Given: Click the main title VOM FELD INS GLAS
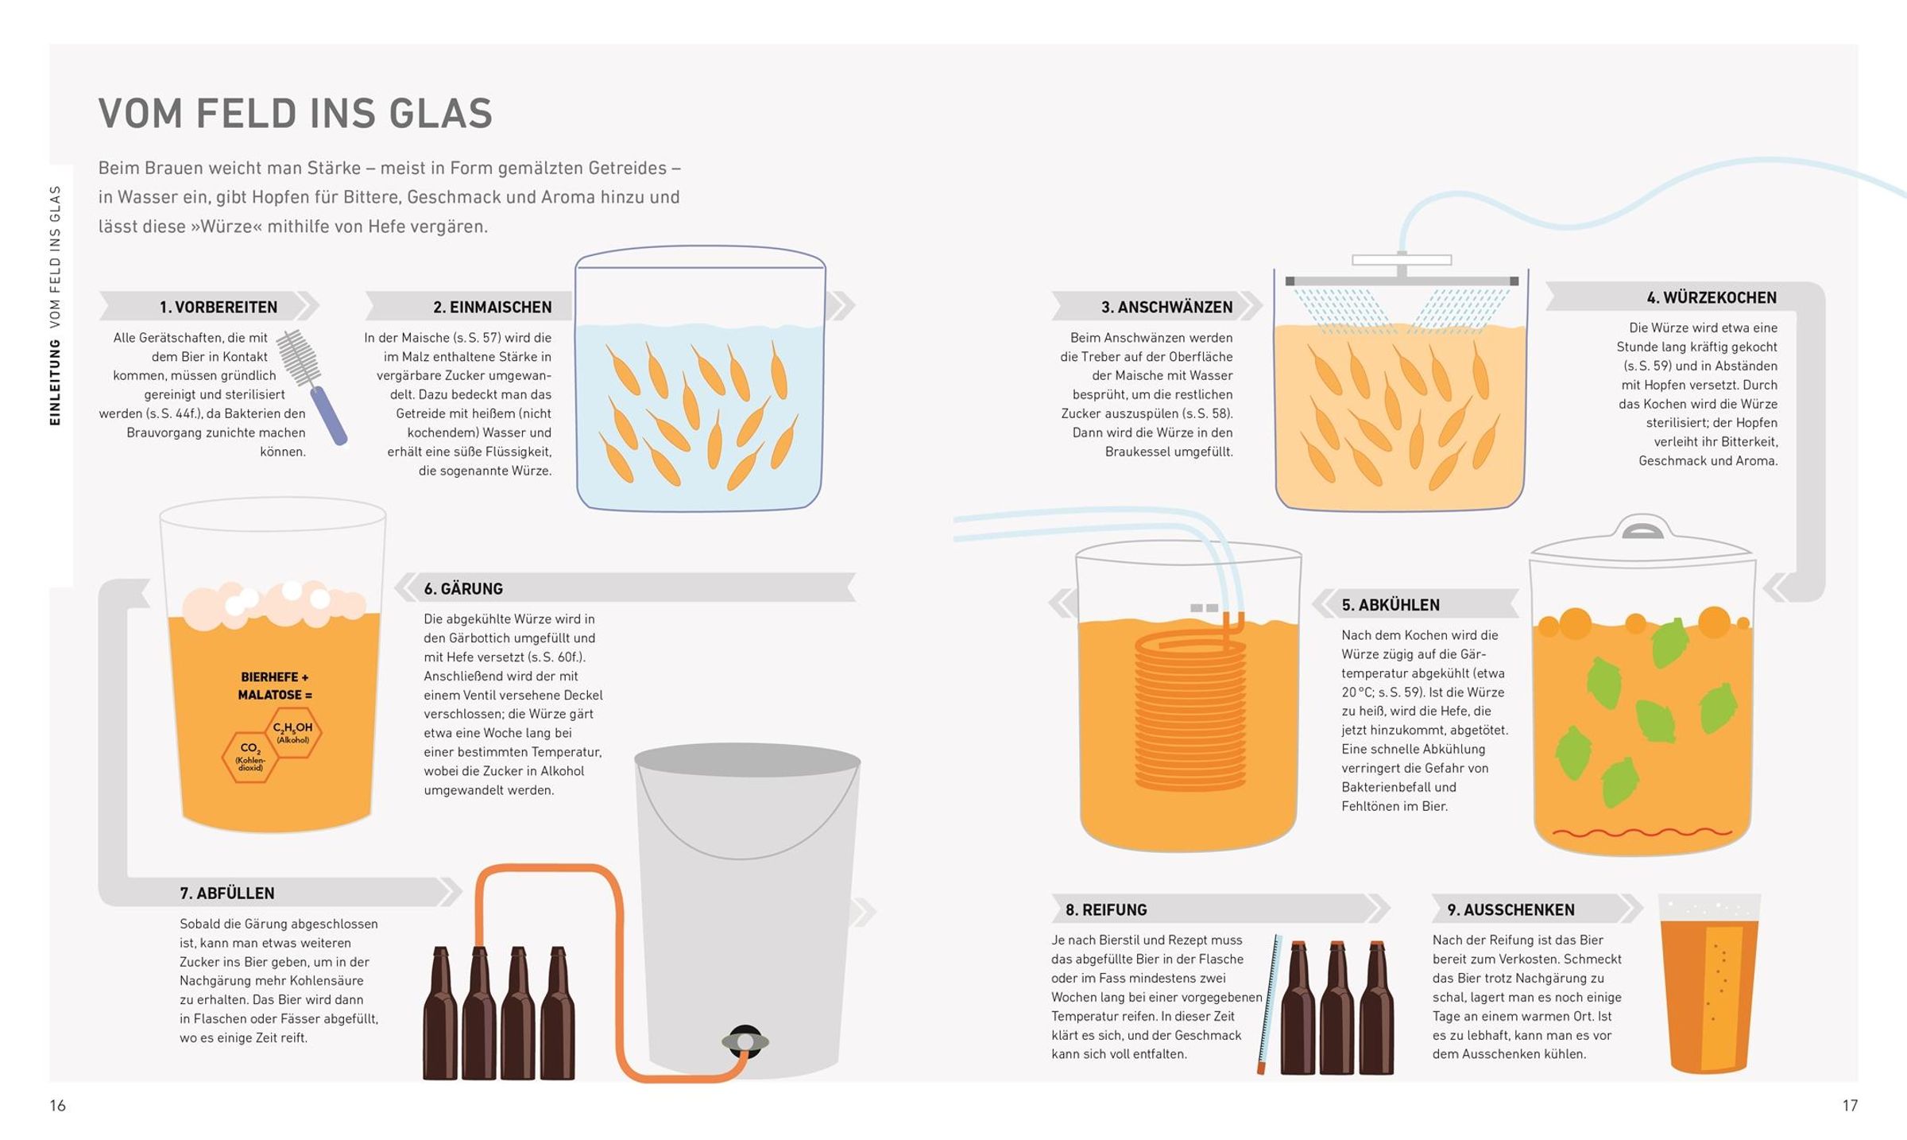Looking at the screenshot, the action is click(x=295, y=113).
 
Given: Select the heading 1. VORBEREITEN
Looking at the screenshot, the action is click(x=219, y=307).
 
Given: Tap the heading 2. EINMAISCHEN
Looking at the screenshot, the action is click(x=492, y=307).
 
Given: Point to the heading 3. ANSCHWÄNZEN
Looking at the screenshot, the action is click(x=1166, y=307).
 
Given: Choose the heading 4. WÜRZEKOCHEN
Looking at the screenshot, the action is click(x=1712, y=297).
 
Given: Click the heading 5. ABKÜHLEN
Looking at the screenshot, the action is click(x=1391, y=605).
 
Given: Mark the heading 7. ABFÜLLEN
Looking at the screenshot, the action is click(x=227, y=894).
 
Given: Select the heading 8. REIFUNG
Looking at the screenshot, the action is click(x=1106, y=910).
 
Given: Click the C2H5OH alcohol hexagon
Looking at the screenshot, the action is click(x=292, y=731).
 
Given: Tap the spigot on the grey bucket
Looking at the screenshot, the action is click(x=745, y=1041).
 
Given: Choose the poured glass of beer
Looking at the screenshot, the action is click(x=1708, y=984).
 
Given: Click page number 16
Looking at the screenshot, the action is click(x=57, y=1105).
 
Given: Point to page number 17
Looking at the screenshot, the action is click(x=1850, y=1105).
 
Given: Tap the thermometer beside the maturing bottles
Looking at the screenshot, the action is click(x=1269, y=1005).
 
